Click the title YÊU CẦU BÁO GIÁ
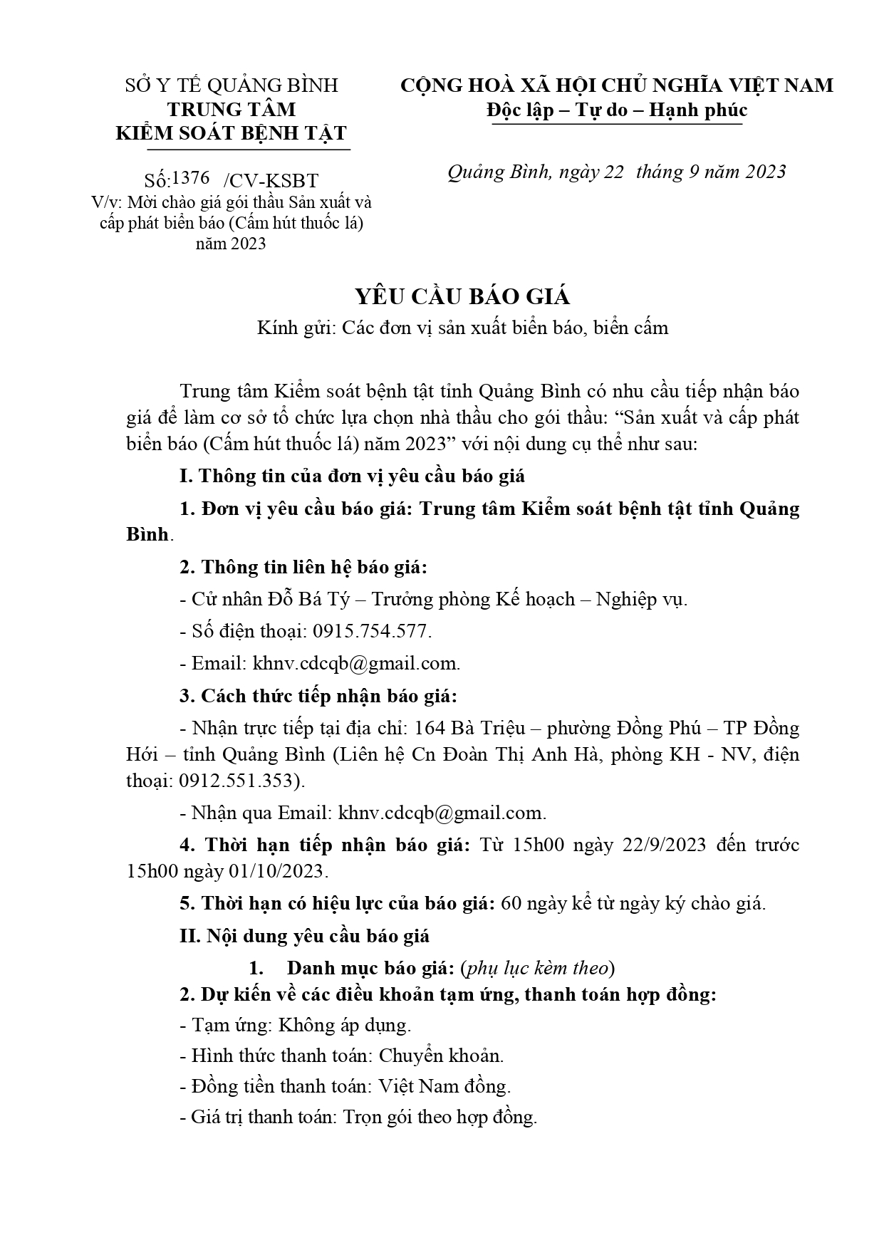click(442, 297)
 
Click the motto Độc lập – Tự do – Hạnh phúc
click(617, 110)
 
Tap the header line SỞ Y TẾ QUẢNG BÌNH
click(232, 86)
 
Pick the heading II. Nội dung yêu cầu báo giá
click(304, 935)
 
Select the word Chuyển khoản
click(441, 1056)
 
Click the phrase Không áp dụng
click(344, 1025)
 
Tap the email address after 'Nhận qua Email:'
click(442, 813)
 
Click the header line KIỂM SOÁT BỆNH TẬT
click(232, 133)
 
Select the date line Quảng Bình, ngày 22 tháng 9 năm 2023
click(617, 172)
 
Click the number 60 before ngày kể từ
click(511, 903)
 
